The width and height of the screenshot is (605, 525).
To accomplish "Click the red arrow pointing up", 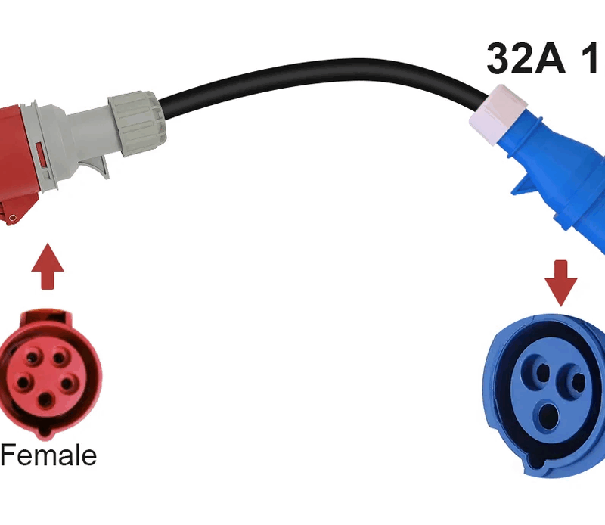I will point(48,266).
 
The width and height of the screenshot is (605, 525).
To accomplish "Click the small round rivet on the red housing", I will point(12,219).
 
